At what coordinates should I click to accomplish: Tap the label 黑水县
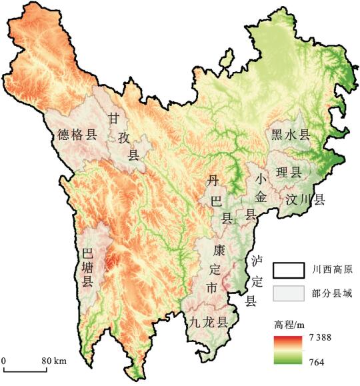click(291, 135)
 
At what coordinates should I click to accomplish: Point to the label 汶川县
click(305, 199)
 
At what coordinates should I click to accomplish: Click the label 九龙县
click(207, 321)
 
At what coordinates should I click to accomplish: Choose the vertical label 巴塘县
click(87, 267)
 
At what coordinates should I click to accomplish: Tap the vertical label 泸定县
click(251, 281)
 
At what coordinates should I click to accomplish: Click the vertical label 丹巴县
click(213, 199)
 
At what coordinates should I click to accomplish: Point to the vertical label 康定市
click(213, 269)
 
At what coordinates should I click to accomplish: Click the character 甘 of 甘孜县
click(114, 119)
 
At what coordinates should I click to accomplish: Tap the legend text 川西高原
click(333, 270)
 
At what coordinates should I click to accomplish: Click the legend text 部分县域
click(333, 293)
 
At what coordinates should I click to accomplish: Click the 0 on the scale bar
click(4, 361)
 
